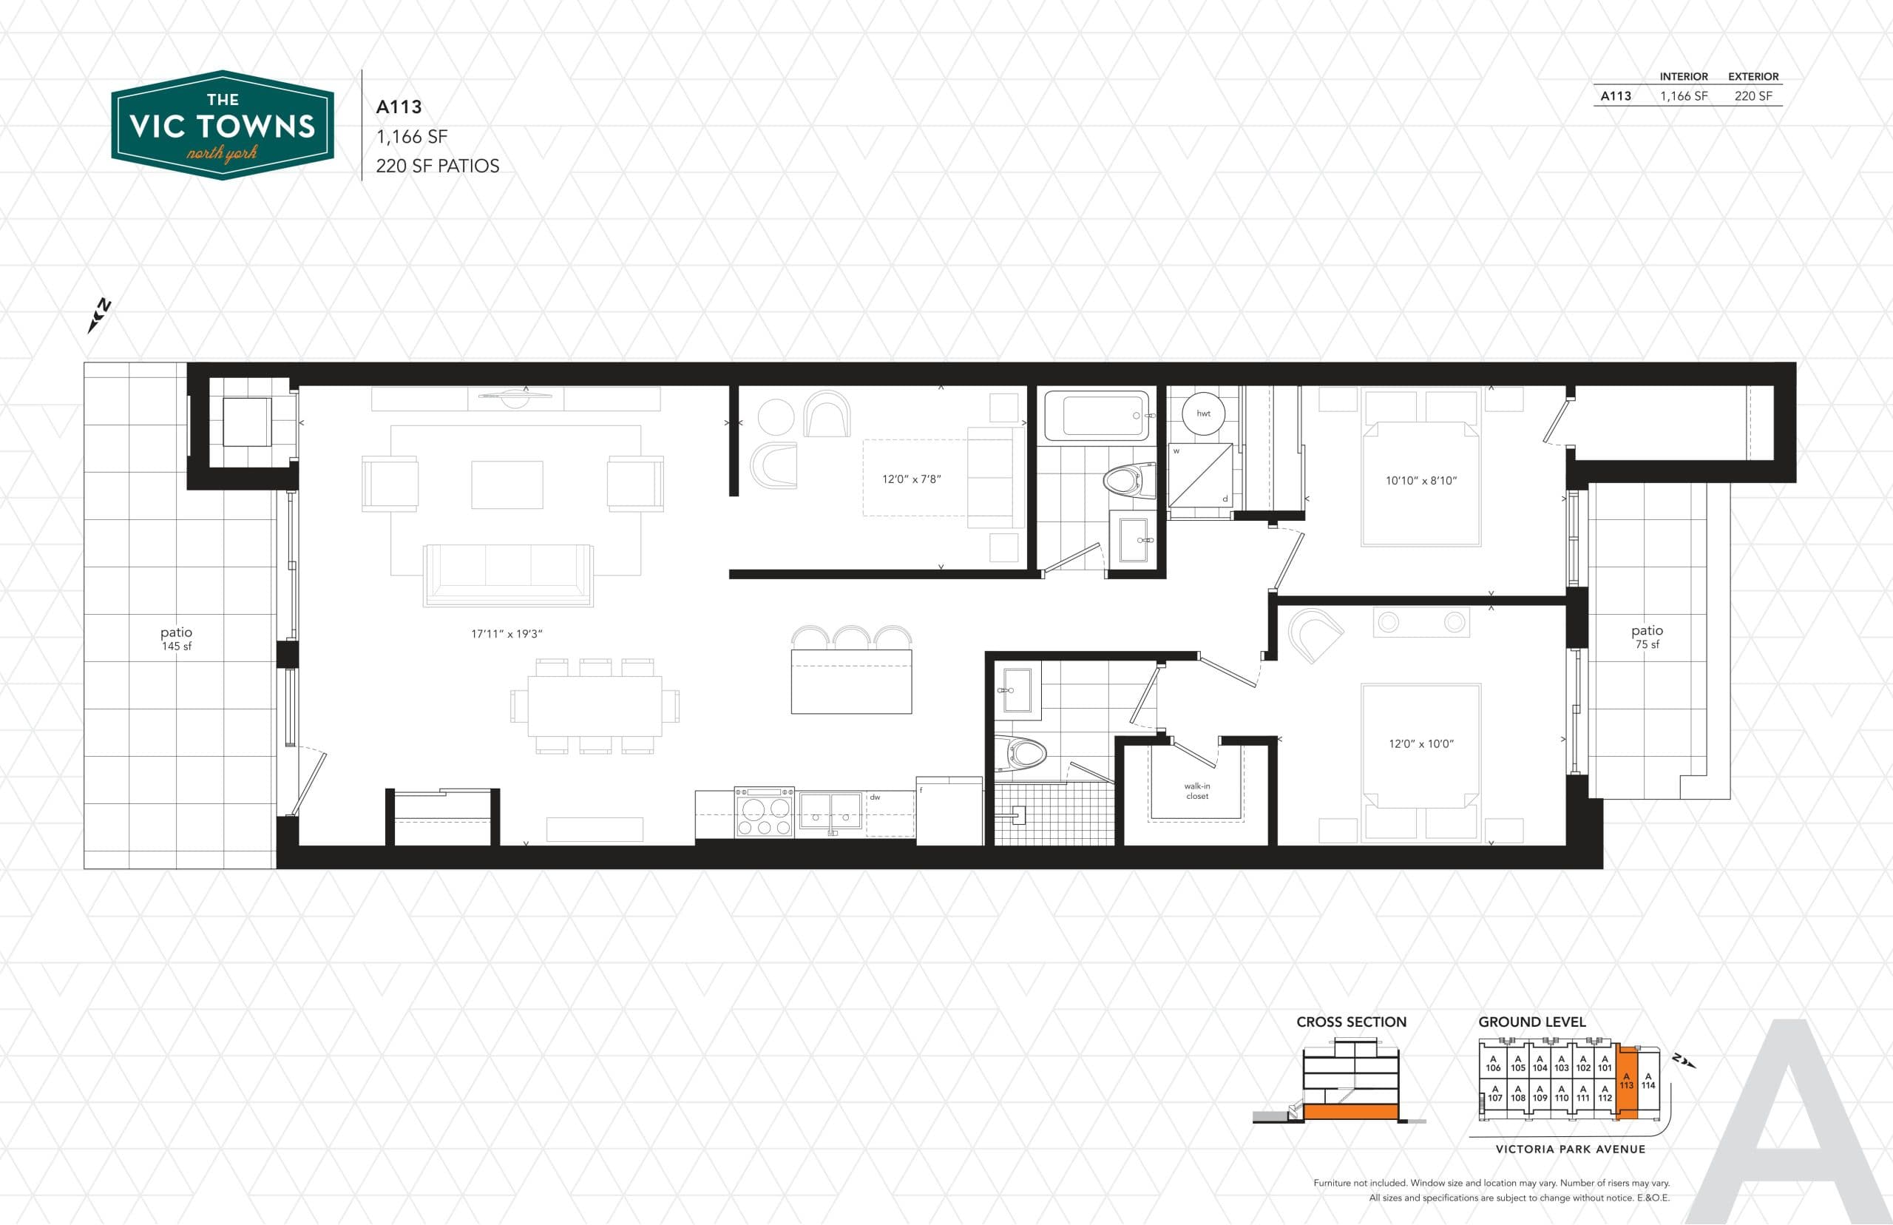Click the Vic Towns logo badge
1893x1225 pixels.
[222, 125]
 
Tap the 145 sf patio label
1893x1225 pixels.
[177, 638]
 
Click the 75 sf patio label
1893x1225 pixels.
[1647, 636]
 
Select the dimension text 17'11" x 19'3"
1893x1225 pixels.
[507, 634]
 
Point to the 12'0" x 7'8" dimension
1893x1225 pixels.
[911, 479]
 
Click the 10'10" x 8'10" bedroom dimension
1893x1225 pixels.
[1420, 480]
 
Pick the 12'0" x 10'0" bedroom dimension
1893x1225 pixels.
[1420, 743]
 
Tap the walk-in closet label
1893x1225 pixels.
[1196, 791]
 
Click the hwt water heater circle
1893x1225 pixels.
[1203, 414]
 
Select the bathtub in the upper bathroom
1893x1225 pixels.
[1097, 415]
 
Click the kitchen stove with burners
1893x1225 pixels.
[763, 812]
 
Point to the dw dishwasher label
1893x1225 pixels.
[875, 797]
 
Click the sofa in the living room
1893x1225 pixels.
[508, 574]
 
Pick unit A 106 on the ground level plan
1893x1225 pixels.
[1493, 1064]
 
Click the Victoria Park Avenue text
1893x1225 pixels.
[1570, 1149]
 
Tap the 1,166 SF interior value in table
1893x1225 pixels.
[1683, 96]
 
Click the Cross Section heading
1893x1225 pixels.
[1351, 1022]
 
